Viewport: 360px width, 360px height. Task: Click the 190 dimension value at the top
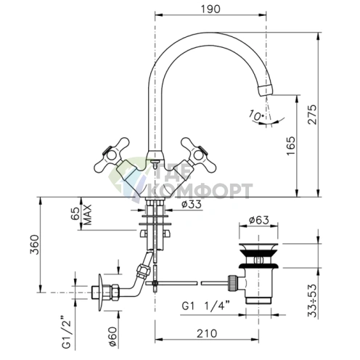[210, 9]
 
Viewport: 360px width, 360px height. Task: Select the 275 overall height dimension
[312, 115]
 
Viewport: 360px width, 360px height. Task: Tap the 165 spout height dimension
[291, 146]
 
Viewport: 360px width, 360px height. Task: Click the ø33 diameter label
[192, 205]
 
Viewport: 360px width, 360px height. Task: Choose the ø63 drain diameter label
[258, 220]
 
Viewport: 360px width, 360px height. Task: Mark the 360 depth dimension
[34, 245]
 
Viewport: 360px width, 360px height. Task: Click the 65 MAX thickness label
[81, 215]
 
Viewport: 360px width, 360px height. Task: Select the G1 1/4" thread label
[205, 306]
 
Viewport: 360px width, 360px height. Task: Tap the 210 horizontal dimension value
[207, 334]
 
